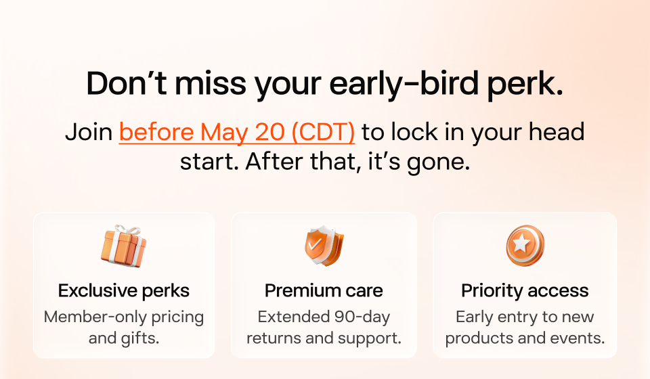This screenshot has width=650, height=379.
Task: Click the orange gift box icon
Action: tap(123, 246)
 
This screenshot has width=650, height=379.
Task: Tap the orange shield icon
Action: tap(324, 246)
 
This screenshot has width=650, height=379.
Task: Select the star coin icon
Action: tap(525, 246)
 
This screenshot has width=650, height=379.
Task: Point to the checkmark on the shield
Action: tap(315, 244)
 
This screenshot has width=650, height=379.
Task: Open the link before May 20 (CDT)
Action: tap(237, 132)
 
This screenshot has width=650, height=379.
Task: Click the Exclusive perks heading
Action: tap(123, 291)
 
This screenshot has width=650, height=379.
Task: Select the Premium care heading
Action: tap(324, 291)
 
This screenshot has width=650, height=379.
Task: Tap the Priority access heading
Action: tap(525, 291)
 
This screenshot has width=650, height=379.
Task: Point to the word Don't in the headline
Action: tap(127, 83)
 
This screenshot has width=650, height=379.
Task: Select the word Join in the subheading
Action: tap(89, 132)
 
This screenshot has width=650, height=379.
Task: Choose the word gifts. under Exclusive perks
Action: tap(140, 338)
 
